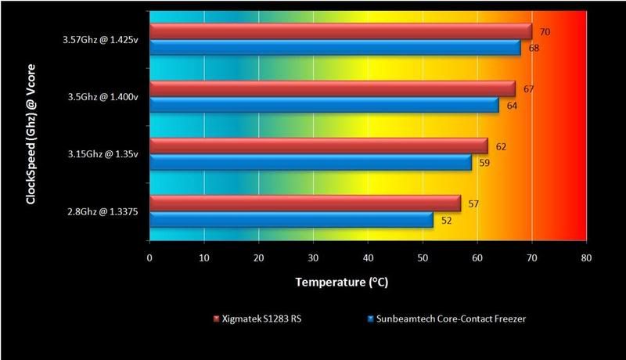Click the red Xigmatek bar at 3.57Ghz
pos(340,31)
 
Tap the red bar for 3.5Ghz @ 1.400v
pos(332,88)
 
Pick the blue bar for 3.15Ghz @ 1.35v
pos(310,162)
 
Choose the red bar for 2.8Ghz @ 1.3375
pos(305,203)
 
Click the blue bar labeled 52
pos(291,220)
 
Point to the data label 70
pos(545,32)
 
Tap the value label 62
pos(501,146)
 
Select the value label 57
pos(473,203)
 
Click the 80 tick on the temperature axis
pos(586,258)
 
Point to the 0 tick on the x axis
pos(149,258)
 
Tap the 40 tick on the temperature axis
pos(368,258)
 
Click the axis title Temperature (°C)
pos(367,281)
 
